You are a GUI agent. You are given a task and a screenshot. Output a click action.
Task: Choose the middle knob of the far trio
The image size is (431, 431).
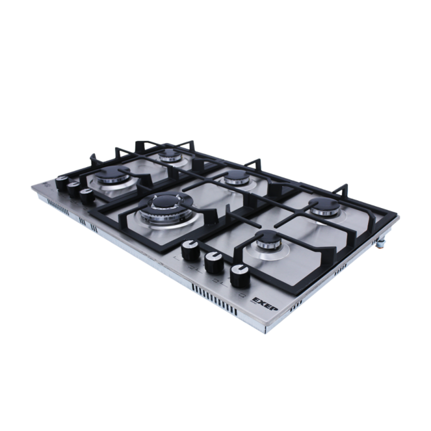(73, 189)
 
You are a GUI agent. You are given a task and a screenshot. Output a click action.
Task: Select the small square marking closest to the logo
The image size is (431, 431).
(243, 295)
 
